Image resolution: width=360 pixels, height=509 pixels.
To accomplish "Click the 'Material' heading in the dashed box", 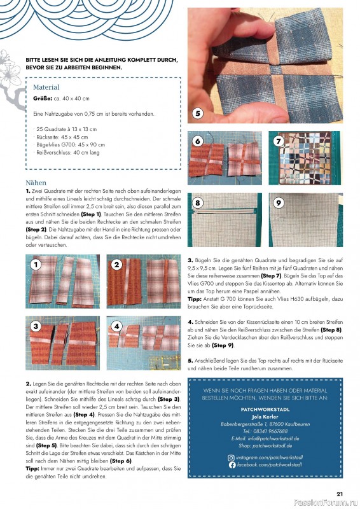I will pos(46,87).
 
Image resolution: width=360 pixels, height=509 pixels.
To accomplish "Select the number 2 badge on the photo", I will pos(117,263).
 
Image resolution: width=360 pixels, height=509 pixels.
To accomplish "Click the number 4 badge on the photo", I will pos(117,326).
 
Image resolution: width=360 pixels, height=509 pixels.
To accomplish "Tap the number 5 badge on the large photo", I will pos(198,114).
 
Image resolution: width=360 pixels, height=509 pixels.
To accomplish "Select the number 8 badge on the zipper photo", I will pos(198,203).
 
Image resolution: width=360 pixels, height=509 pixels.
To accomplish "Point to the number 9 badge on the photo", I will pos(278,203).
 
